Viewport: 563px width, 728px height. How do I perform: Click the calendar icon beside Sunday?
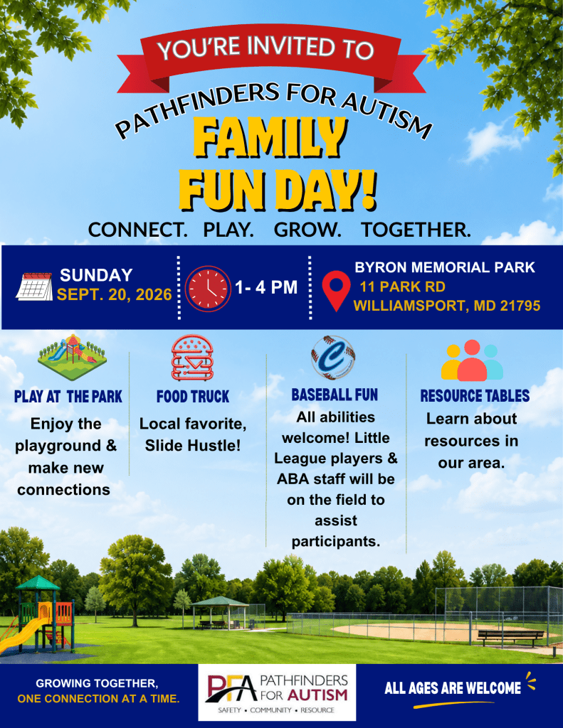34,287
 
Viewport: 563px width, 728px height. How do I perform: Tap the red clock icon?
208,289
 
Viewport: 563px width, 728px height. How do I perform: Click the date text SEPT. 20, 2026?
115,295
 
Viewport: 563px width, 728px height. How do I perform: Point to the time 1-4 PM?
266,287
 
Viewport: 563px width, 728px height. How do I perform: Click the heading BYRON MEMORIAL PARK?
445,267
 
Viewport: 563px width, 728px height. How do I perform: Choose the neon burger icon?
192,358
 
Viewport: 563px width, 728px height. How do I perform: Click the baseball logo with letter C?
333,358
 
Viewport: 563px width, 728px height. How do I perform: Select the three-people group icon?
472,360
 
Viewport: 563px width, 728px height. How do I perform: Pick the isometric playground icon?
72,358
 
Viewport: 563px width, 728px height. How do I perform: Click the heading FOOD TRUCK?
193,397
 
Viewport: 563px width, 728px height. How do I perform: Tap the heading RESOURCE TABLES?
475,395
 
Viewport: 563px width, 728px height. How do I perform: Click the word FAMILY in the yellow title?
270,137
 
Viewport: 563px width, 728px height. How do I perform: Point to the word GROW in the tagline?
307,230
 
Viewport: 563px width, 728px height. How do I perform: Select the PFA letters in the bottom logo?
232,689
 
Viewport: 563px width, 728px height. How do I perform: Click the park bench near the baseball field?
510,637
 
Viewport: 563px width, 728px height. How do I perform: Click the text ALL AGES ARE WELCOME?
453,688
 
